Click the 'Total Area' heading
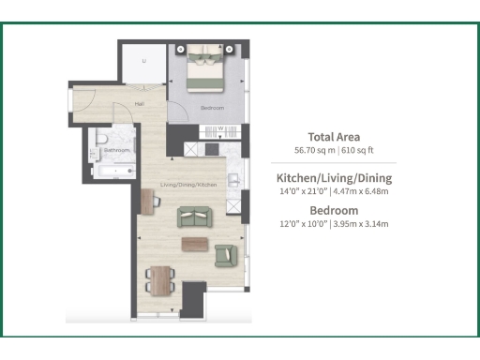pos(334,136)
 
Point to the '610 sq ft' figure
pos(356,150)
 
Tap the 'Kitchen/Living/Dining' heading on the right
pos(334,177)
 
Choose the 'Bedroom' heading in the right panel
pos(334,209)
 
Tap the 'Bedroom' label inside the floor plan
pos(212,108)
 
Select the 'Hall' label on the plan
pos(139,104)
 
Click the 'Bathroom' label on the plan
pos(117,150)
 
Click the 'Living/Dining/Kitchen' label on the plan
pos(188,185)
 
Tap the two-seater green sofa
pos(195,217)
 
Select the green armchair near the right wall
pos(226,254)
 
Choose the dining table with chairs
pos(161,278)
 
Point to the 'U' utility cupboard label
pos(143,62)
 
